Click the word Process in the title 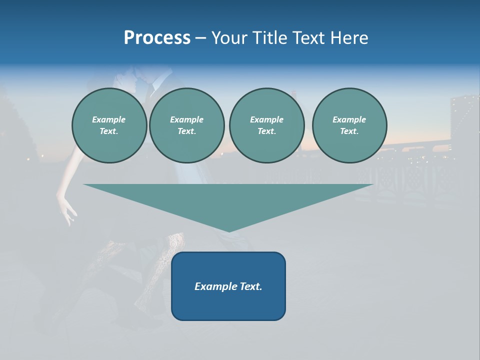(x=157, y=38)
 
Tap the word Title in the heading (x=268, y=38)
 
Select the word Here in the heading (x=348, y=38)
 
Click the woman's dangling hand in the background (x=67, y=210)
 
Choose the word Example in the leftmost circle (x=109, y=119)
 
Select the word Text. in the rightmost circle (x=349, y=131)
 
